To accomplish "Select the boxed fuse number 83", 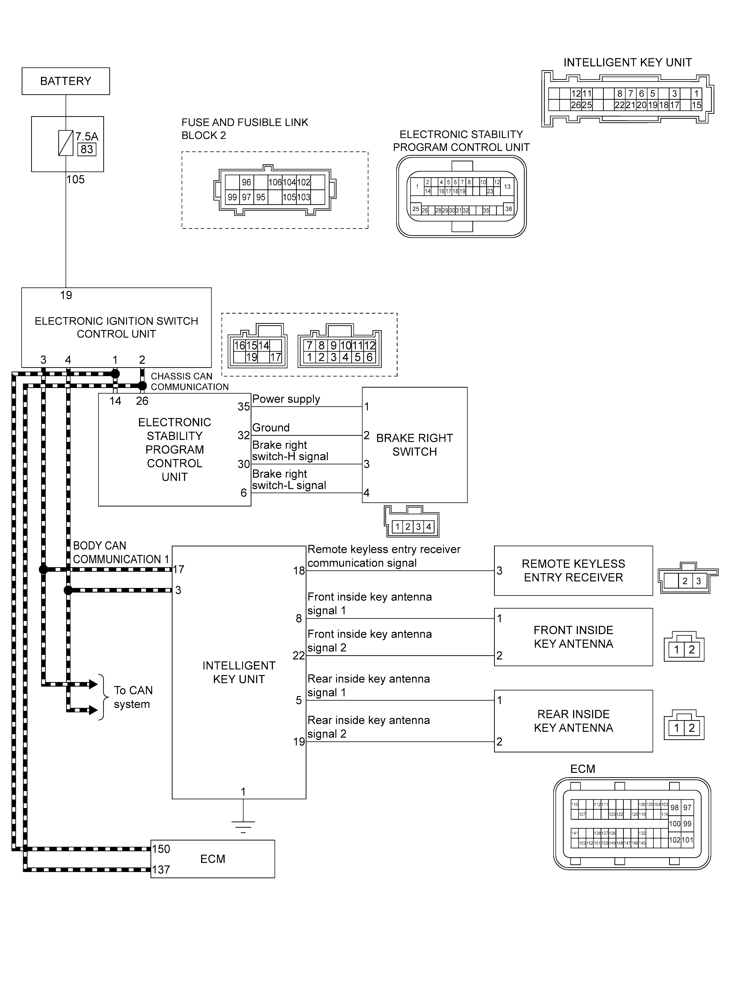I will click(x=87, y=149).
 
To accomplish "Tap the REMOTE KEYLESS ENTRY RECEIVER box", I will click(x=573, y=570).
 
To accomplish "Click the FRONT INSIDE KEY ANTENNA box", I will click(x=573, y=637).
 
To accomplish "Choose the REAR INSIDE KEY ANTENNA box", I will click(x=573, y=721).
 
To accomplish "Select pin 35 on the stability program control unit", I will click(x=243, y=407).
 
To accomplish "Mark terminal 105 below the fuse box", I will click(x=75, y=180).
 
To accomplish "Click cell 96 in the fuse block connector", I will click(x=246, y=182).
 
